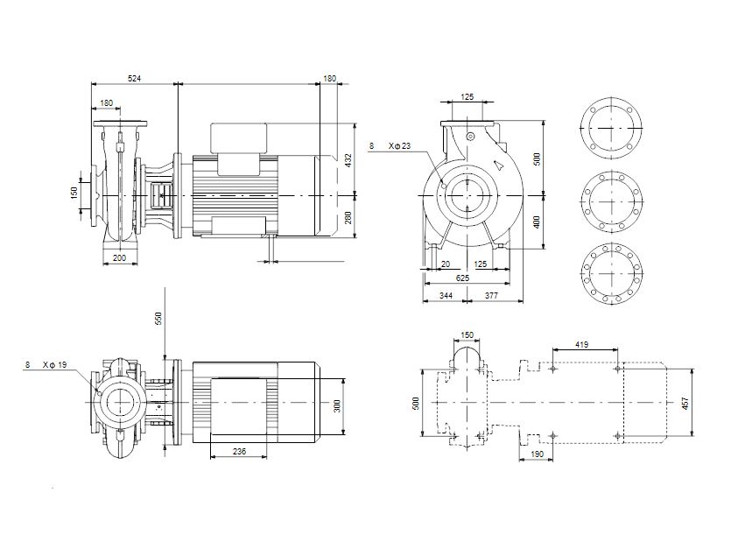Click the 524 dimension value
coord(135,79)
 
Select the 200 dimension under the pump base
coord(119,258)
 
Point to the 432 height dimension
coord(348,159)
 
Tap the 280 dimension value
coord(348,217)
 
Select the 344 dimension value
coord(446,297)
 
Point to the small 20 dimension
coord(446,264)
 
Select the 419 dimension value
coord(582,344)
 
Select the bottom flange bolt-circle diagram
coord(611,273)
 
